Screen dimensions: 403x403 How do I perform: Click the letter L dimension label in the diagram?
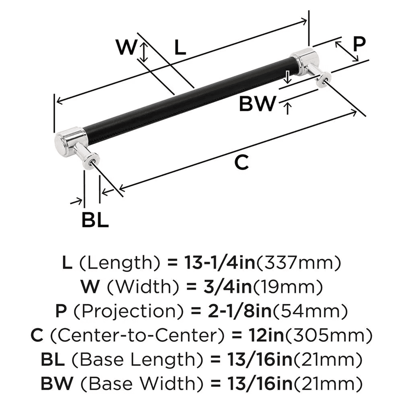click(180, 48)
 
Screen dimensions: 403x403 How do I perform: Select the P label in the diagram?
click(358, 43)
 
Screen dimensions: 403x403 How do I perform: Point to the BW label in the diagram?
click(257, 104)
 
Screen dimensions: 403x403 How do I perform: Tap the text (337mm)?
click(299, 263)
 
